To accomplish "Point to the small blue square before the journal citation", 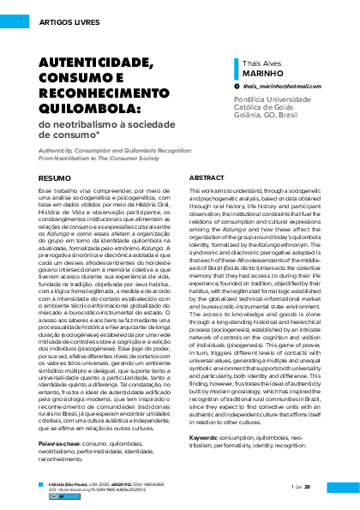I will pos(42,484).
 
